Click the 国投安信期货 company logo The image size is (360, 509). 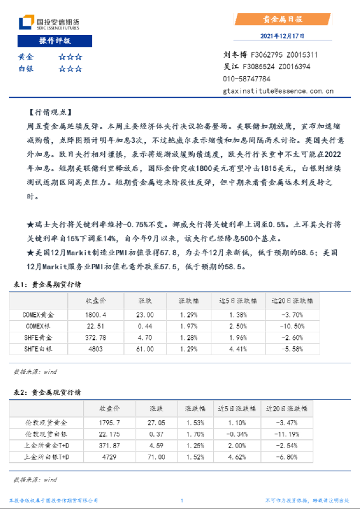coord(49,23)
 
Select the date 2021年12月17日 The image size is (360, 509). coord(282,36)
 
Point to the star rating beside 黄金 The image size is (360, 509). coord(70,57)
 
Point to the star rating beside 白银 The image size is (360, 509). coord(70,68)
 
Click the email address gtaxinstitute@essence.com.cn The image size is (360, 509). coord(278,91)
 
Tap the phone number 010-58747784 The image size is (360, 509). coord(246,79)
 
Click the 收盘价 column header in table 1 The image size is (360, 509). coord(95,301)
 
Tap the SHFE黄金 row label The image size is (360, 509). coord(39,338)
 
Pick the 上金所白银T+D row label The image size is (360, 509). coord(47,456)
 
